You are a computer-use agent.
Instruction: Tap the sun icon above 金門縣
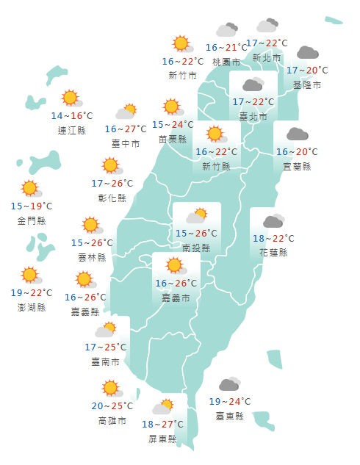pyautogui.click(x=29, y=189)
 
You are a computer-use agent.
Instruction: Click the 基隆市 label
pyautogui.click(x=306, y=85)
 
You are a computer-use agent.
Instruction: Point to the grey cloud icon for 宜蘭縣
pyautogui.click(x=297, y=134)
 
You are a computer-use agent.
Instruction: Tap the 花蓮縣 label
pyautogui.click(x=273, y=252)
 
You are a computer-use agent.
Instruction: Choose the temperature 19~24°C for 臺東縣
pyautogui.click(x=229, y=401)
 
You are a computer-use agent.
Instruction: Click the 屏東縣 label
pyautogui.click(x=162, y=439)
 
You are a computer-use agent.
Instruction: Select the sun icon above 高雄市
pyautogui.click(x=111, y=387)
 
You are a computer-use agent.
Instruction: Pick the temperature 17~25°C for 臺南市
pyautogui.click(x=106, y=347)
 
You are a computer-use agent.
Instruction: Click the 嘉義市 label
pyautogui.click(x=176, y=298)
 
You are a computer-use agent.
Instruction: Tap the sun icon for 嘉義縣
pyautogui.click(x=84, y=279)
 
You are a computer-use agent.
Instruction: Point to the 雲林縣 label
pyautogui.click(x=91, y=257)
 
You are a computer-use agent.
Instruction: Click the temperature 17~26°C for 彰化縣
pyautogui.click(x=112, y=183)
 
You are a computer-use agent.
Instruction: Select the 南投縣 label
pyautogui.click(x=197, y=248)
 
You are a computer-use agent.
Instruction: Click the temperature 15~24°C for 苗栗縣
pyautogui.click(x=173, y=124)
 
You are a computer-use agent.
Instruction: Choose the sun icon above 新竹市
pyautogui.click(x=180, y=43)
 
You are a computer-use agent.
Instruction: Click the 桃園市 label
pyautogui.click(x=226, y=62)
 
